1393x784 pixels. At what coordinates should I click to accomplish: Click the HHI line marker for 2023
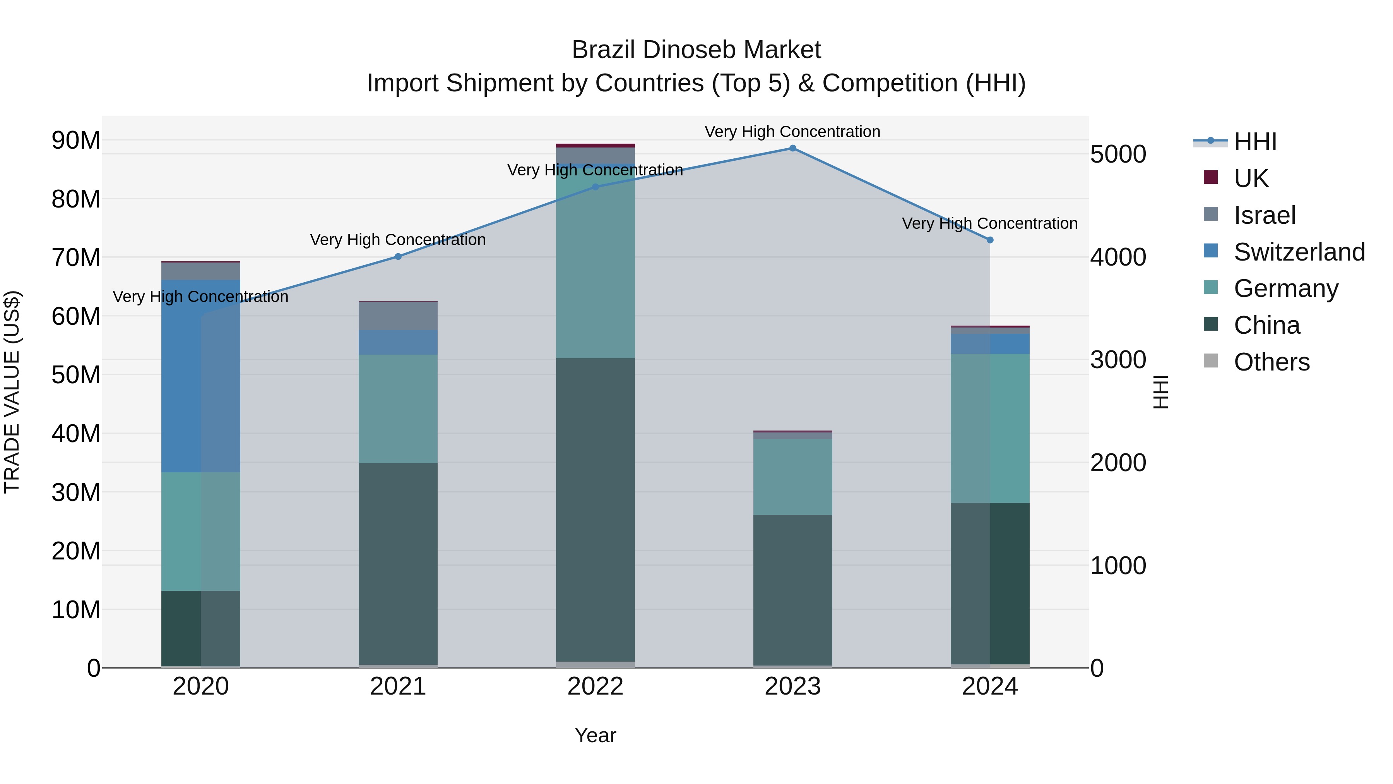pos(792,148)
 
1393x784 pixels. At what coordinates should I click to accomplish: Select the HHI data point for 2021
pos(398,256)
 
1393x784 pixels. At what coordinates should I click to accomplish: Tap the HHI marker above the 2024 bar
pos(989,240)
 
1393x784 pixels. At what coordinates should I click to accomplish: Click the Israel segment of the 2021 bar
pos(398,316)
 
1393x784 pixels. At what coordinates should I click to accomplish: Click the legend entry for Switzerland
pos(1299,252)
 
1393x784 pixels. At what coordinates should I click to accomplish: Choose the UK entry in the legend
pos(1250,178)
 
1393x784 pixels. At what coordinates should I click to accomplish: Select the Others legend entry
pos(1271,362)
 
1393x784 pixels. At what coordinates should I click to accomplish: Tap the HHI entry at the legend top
pos(1254,142)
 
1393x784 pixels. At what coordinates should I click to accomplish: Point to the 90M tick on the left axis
pos(76,141)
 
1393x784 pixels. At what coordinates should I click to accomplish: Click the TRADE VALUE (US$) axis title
pos(12,392)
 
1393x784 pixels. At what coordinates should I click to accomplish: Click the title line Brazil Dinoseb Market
pos(696,50)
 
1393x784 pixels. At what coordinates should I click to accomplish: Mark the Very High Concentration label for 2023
pos(792,132)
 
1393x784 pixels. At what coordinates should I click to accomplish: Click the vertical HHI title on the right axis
pos(1160,392)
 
